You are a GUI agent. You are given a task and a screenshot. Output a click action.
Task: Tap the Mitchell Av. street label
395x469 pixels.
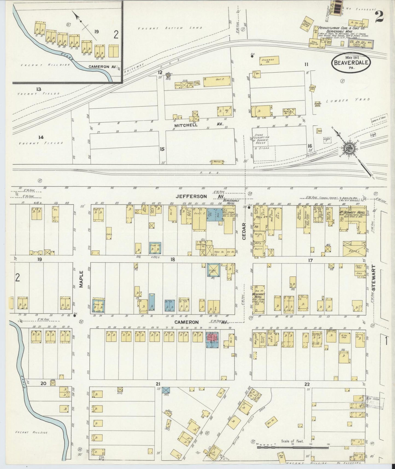pyautogui.click(x=198, y=124)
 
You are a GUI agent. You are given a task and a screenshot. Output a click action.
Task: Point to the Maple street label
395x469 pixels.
pyautogui.click(x=81, y=281)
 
